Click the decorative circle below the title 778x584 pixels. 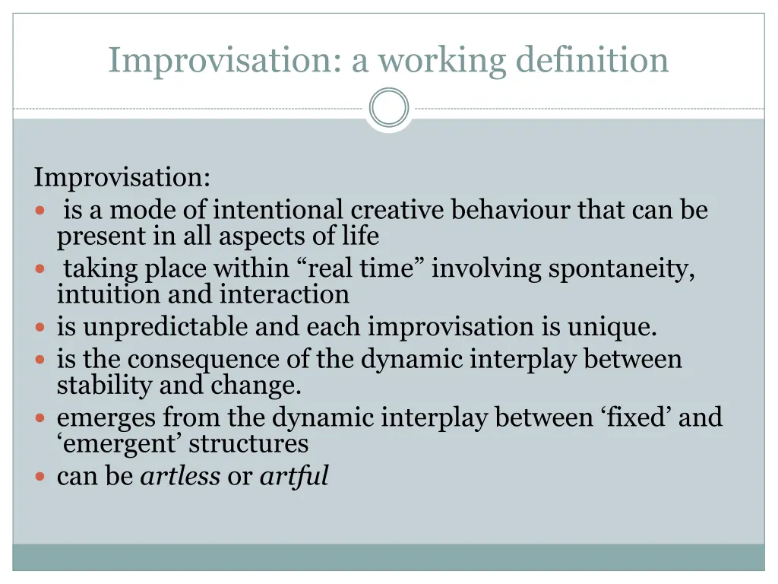tap(389, 108)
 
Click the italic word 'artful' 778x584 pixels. tap(294, 476)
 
